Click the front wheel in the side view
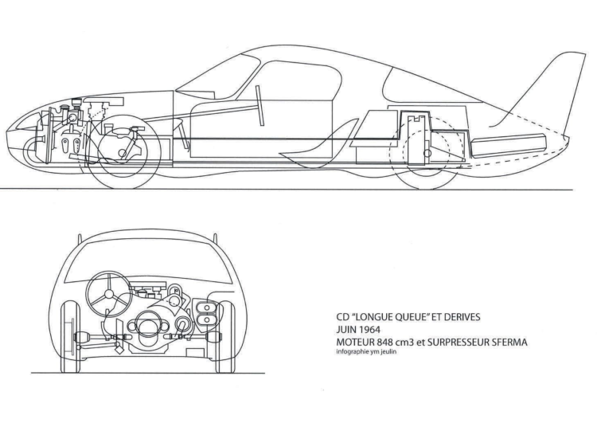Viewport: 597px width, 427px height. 123,153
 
